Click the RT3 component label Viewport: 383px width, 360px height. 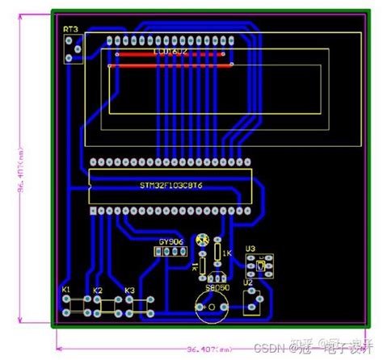[72, 30]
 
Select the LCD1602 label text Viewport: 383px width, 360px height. [171, 52]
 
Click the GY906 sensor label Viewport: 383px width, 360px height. [170, 241]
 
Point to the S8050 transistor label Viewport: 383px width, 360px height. [216, 287]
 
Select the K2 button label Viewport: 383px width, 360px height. [99, 290]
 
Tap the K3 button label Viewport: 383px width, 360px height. [129, 289]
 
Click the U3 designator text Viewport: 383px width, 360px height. [250, 249]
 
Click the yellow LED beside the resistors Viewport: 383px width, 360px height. [204, 240]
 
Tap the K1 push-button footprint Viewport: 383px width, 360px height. [76, 306]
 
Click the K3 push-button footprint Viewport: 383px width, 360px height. [138, 305]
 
